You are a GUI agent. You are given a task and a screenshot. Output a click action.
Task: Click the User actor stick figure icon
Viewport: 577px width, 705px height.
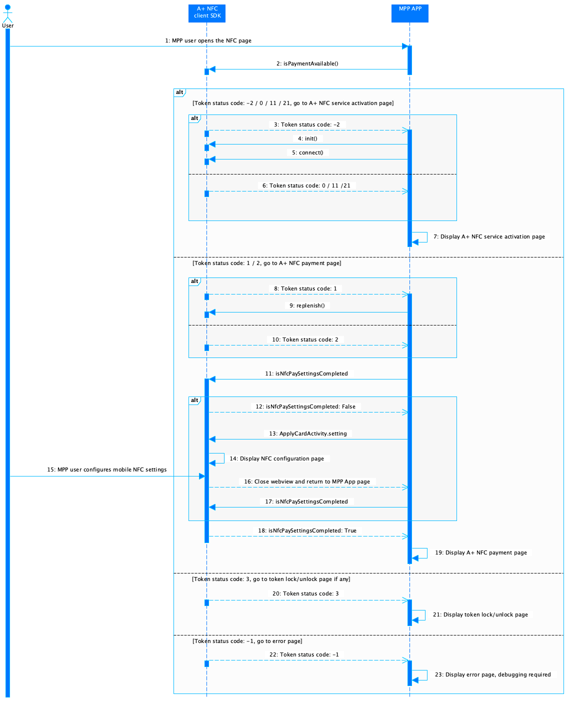coord(7,13)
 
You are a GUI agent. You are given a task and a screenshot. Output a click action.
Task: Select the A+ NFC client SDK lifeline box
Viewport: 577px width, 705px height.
coord(206,13)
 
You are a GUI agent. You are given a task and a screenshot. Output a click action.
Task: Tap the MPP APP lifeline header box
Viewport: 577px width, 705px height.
coord(409,13)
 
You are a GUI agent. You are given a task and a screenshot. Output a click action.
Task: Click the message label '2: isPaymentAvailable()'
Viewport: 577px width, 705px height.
coord(307,63)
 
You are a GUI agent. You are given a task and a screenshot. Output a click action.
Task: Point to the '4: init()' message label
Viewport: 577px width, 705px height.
coord(307,138)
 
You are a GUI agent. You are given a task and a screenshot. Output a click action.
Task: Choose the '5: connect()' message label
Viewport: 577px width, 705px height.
coord(307,152)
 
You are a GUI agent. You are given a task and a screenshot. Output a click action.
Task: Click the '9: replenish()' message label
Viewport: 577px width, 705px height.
coord(307,305)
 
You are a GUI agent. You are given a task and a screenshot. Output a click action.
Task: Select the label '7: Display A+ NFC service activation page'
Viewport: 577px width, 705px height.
coord(488,236)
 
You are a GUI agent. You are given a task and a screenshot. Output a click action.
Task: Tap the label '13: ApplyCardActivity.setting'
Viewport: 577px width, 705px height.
coord(307,433)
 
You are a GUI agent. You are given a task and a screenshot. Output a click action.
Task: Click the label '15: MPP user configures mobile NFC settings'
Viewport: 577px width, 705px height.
coord(106,469)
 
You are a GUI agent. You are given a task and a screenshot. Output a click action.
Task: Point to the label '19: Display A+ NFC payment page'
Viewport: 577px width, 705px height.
coord(480,552)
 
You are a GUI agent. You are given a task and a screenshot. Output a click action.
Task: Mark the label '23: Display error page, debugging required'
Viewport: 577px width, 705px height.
coord(492,674)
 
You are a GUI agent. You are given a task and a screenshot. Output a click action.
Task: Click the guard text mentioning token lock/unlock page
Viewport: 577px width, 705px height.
coord(271,578)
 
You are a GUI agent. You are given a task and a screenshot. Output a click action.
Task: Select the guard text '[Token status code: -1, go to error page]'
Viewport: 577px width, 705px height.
coord(247,640)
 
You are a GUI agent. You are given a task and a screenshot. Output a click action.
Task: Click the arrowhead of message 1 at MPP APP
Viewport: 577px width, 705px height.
coord(404,46)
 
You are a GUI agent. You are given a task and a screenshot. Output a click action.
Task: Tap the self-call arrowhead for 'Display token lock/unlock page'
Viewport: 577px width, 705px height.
coord(415,620)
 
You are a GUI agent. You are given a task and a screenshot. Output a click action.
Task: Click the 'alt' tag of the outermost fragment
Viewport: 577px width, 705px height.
coord(179,92)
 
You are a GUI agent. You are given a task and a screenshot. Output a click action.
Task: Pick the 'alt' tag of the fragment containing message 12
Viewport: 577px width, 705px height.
coord(194,400)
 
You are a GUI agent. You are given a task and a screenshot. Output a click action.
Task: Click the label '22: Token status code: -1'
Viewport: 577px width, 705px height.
coord(304,654)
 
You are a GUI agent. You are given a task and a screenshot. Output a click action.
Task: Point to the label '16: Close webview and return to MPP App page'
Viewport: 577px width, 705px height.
coord(306,481)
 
